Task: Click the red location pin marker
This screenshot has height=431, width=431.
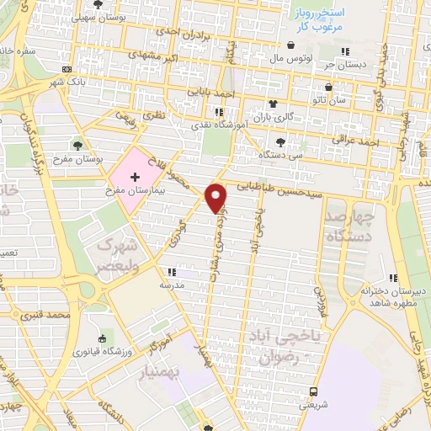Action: pyautogui.click(x=217, y=197)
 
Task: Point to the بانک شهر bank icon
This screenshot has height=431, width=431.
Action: pyautogui.click(x=67, y=69)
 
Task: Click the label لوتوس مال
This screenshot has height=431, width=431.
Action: pyautogui.click(x=291, y=58)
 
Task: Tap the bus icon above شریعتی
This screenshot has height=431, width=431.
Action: pyautogui.click(x=313, y=391)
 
